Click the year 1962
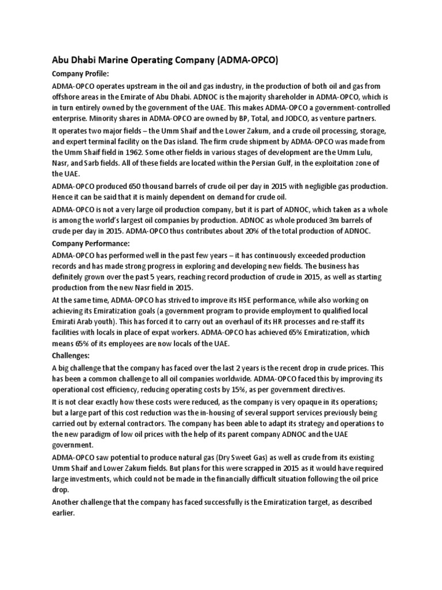[x=160, y=152]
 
